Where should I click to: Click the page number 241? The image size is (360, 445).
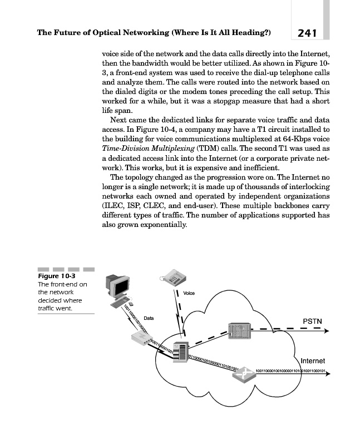307,33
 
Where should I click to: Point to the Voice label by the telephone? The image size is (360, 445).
189,293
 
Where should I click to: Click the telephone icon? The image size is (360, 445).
171,275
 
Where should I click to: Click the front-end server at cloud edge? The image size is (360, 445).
179,353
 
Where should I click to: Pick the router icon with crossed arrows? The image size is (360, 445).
243,375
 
